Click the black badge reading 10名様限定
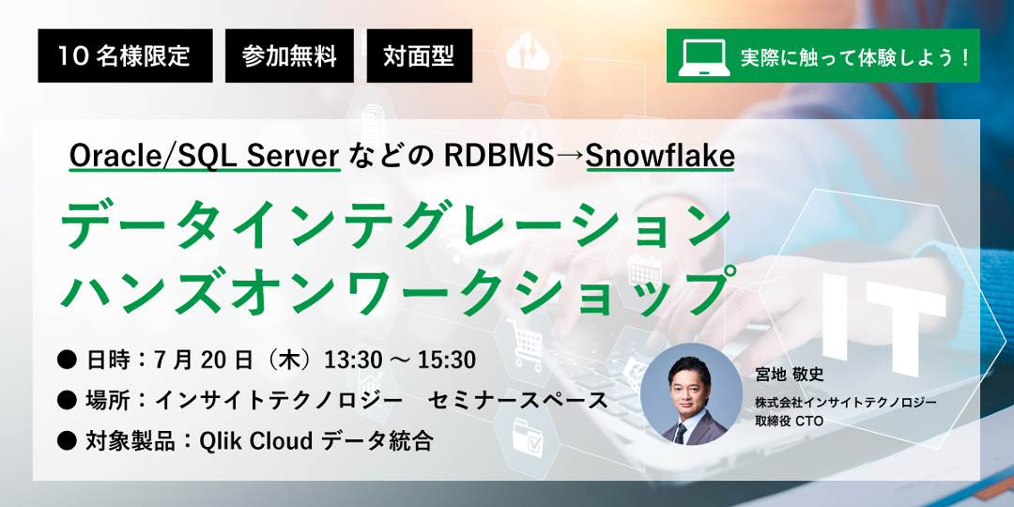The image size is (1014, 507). coord(125,55)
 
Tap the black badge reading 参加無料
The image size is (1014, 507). coord(289,55)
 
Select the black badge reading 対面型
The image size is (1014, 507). coord(419,55)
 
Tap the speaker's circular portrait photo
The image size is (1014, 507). coord(691,393)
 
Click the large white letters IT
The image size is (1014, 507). coord(876,325)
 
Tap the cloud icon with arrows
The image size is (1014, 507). coord(527,53)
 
